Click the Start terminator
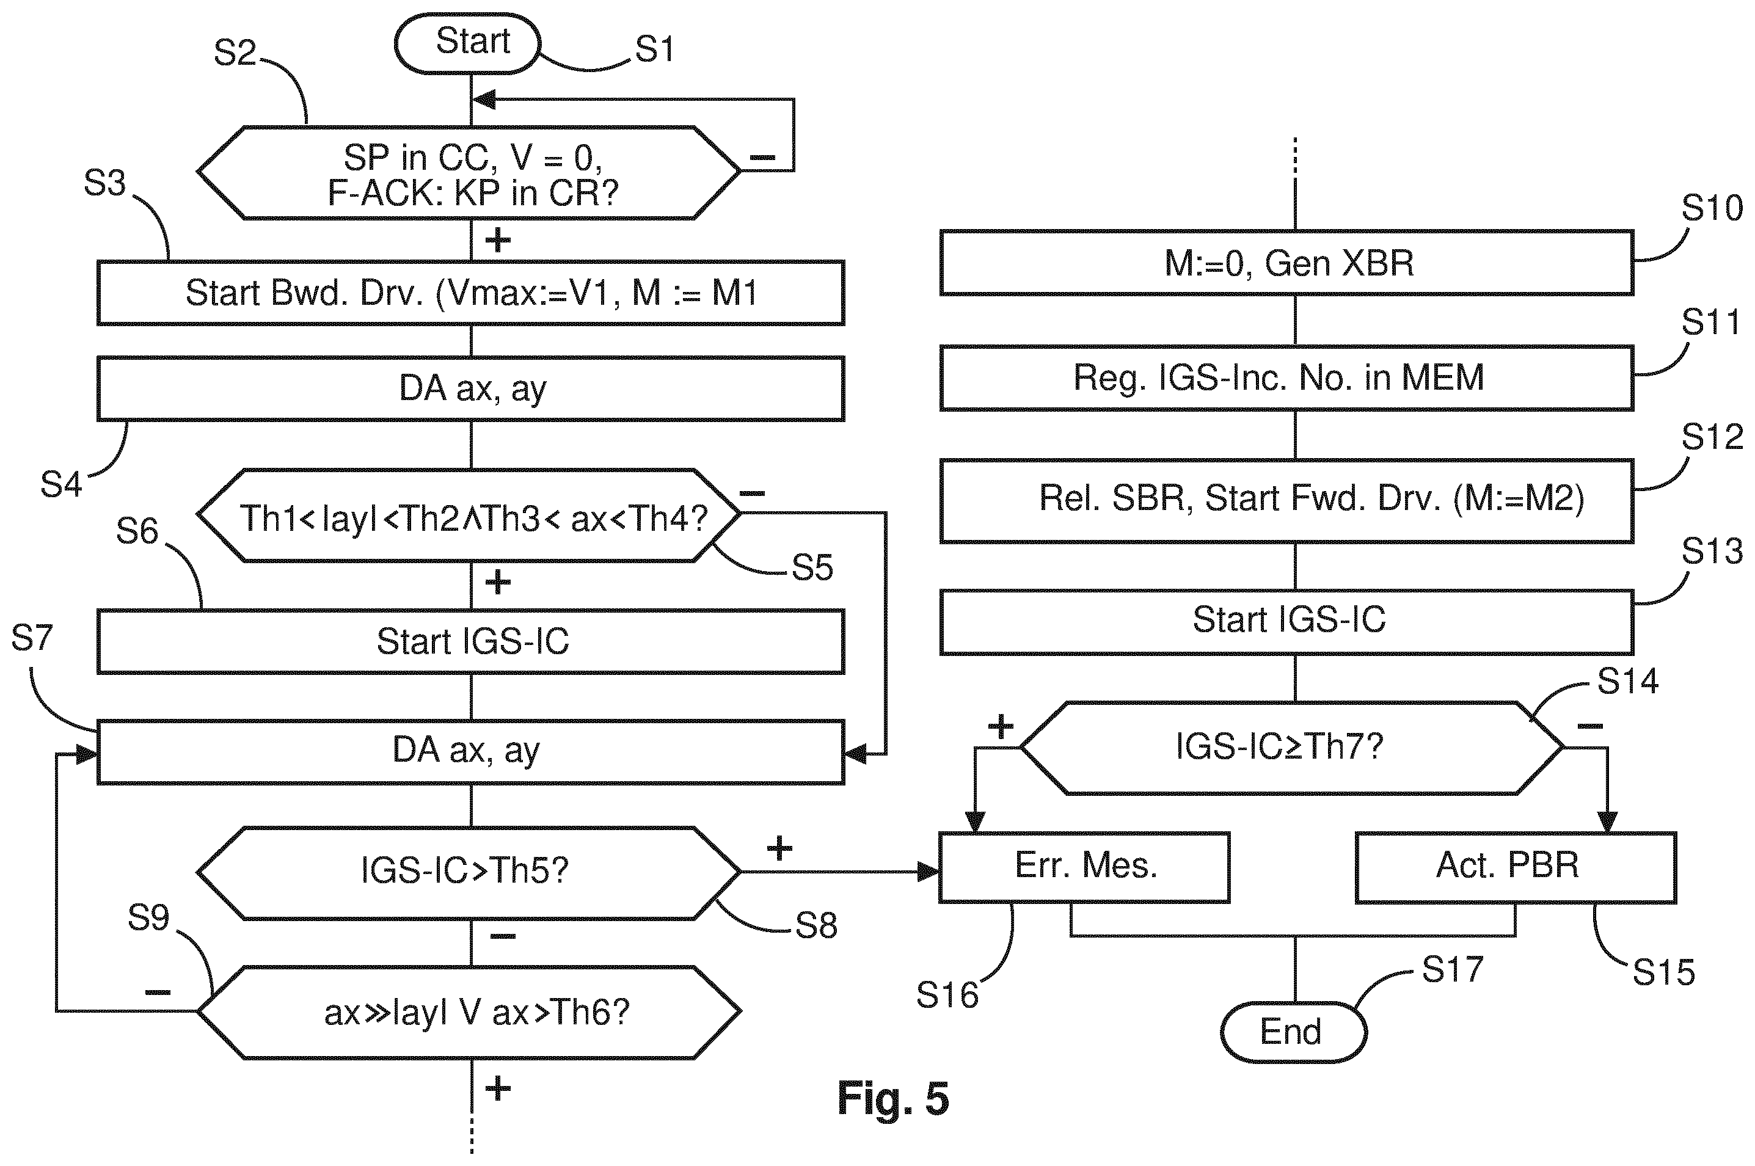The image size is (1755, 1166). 466,43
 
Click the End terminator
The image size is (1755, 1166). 1293,1032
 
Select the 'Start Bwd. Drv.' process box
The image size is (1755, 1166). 471,293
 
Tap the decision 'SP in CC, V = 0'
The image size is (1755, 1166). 469,172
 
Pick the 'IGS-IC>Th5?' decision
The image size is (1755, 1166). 469,872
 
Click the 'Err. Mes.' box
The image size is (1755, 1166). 1084,867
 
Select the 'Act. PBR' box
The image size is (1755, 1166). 1516,867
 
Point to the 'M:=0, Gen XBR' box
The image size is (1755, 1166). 1286,263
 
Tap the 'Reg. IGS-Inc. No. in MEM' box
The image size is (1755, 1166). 1286,377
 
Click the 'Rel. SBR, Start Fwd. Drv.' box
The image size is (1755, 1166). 1286,500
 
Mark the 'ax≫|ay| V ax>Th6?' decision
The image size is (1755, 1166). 469,1012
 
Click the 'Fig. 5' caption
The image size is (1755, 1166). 893,1098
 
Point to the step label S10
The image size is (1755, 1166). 1712,208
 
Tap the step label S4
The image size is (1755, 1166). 61,485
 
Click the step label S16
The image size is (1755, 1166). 947,995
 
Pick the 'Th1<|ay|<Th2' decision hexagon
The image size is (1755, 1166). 469,514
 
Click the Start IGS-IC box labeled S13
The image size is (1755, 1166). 1286,622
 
